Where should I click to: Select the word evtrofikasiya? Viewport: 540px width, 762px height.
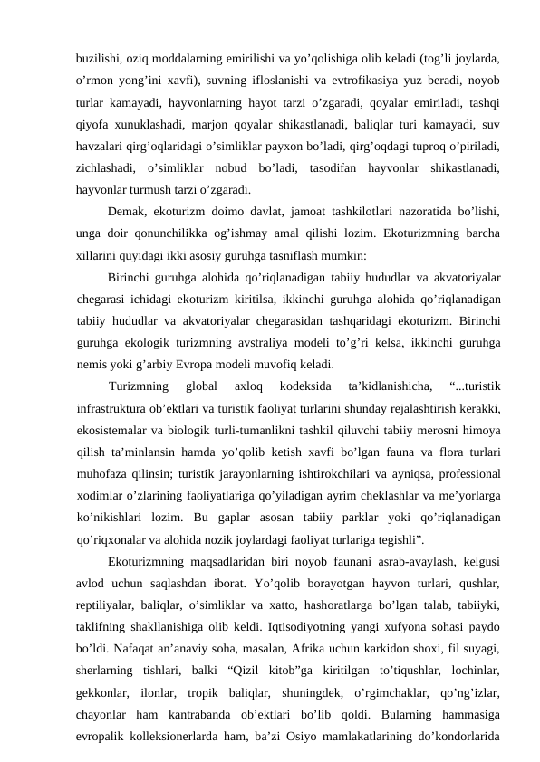tap(339, 78)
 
